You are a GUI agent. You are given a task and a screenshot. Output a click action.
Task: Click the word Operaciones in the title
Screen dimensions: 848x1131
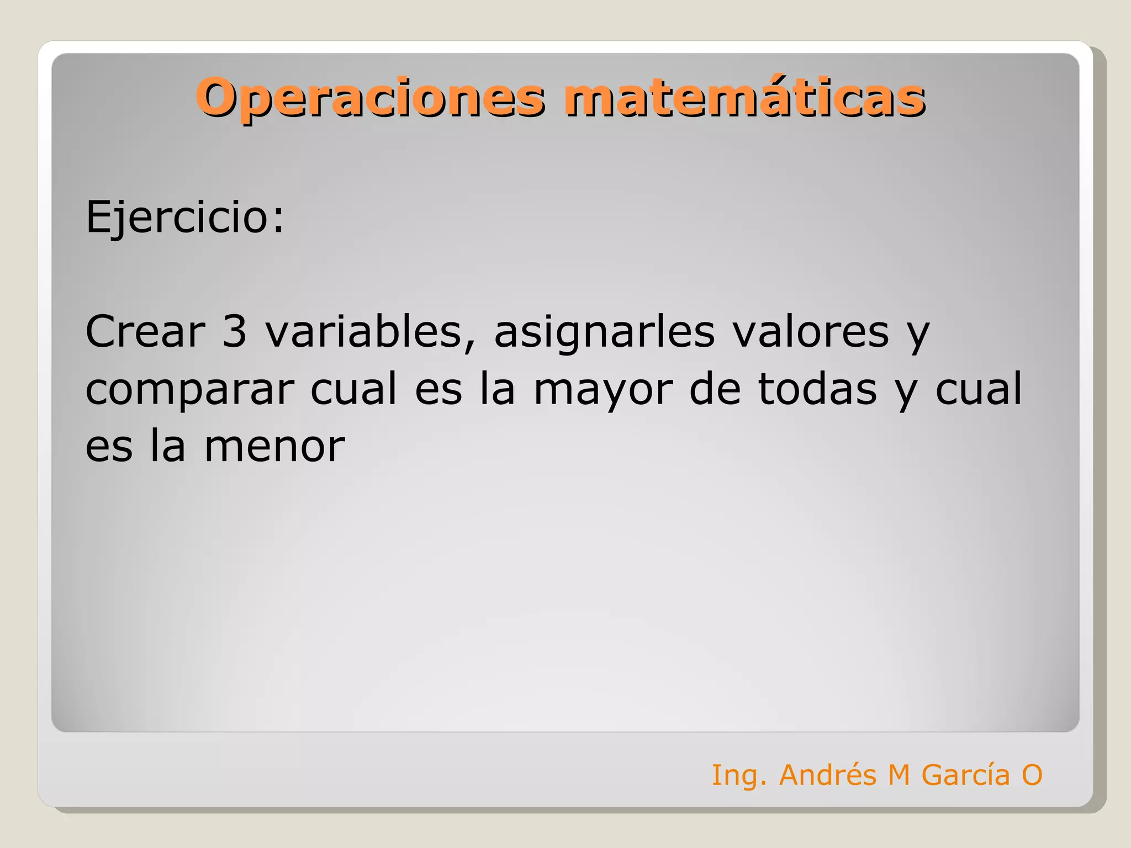pyautogui.click(x=370, y=98)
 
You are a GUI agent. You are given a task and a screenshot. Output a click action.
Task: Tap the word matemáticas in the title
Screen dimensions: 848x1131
pyautogui.click(x=744, y=98)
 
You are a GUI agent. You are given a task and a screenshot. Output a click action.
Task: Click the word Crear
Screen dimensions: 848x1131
pyautogui.click(x=145, y=331)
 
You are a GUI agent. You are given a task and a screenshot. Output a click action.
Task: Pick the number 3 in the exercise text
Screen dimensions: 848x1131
pyautogui.click(x=234, y=331)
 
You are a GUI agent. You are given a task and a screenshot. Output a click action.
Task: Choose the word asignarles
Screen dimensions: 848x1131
pyautogui.click(x=604, y=331)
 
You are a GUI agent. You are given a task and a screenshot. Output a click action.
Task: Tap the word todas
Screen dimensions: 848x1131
pyautogui.click(x=817, y=389)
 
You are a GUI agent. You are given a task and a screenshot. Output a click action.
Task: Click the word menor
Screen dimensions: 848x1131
pyautogui.click(x=274, y=446)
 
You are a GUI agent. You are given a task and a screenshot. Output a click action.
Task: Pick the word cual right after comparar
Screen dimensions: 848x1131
pyautogui.click(x=353, y=389)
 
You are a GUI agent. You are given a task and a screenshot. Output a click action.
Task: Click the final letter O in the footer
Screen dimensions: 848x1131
pyautogui.click(x=1032, y=775)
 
